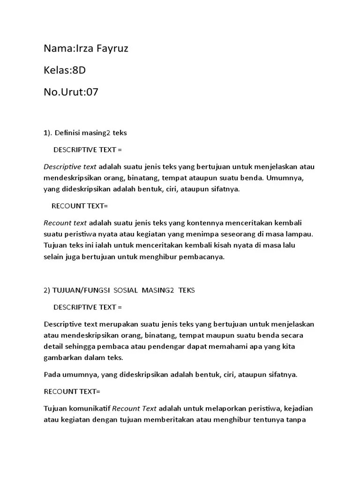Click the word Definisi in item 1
pyautogui.click(x=67, y=133)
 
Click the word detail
pyautogui.click(x=54, y=346)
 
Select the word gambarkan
pyautogui.click(x=64, y=358)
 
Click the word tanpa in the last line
pyautogui.click(x=296, y=420)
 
